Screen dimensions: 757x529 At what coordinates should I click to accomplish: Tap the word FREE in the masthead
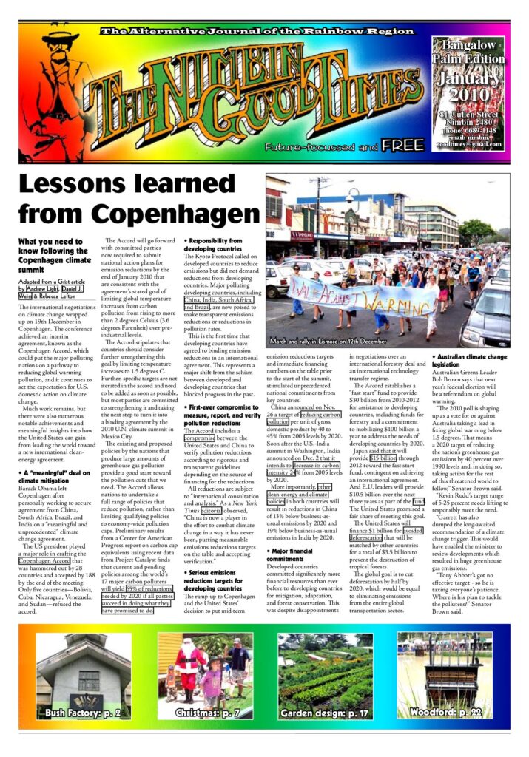click(403, 145)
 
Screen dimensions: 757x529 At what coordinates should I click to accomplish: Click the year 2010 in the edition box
click(468, 95)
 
